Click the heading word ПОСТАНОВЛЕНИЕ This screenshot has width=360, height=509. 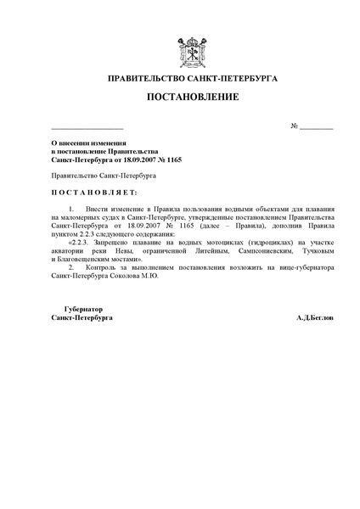click(x=180, y=97)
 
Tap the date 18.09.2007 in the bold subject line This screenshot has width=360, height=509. click(x=136, y=158)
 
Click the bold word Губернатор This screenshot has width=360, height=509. click(x=82, y=308)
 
